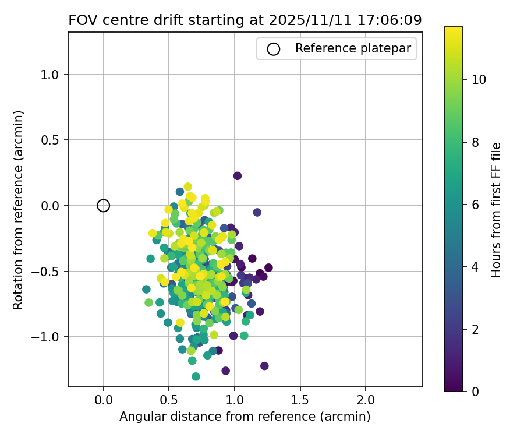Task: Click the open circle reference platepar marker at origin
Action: click(104, 205)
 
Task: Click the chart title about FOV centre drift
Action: click(245, 20)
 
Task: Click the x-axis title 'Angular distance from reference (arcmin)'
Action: click(245, 417)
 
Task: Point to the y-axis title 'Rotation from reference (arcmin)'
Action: click(18, 209)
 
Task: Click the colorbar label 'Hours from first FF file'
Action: click(496, 209)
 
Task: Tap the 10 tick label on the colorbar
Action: click(479, 80)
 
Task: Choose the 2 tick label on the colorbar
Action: click(475, 329)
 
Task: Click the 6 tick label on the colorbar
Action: click(475, 205)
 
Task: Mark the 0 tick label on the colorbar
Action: click(475, 392)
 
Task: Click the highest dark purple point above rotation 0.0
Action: click(238, 176)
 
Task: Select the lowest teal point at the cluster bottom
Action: click(196, 376)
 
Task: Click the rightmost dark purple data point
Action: click(268, 268)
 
